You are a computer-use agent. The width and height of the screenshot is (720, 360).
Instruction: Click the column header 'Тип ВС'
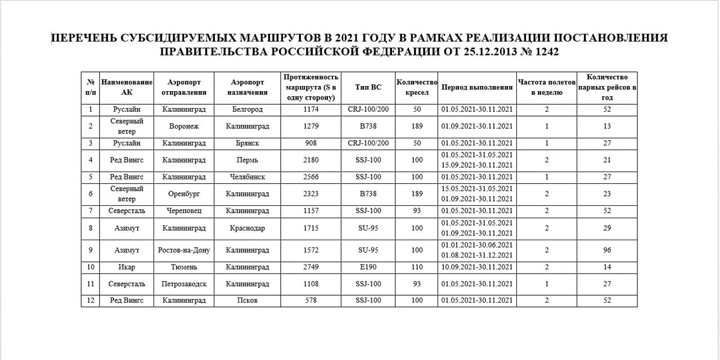point(368,87)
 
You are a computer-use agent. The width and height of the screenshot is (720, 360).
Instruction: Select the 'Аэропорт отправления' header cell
point(184,87)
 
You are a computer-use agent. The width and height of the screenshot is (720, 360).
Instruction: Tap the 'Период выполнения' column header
point(477,87)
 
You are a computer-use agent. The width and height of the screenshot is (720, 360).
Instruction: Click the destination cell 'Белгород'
point(247,109)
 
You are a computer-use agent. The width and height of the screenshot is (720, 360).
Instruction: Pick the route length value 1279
point(310,126)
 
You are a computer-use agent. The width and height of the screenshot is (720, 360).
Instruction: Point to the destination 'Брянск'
point(247,143)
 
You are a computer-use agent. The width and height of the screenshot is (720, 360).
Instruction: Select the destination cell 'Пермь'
point(247,160)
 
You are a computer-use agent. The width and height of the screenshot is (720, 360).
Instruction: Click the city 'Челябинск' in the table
point(247,177)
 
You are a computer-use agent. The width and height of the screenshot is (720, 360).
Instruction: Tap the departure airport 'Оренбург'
point(184,193)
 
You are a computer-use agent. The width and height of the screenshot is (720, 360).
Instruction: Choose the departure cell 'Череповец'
point(184,210)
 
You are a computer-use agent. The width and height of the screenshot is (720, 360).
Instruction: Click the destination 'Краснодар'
point(247,228)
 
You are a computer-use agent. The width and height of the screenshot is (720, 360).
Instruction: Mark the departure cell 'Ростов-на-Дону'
point(184,250)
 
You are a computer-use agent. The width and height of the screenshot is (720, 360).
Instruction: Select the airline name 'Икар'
point(127,267)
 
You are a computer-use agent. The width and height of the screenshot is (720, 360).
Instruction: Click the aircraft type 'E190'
point(368,267)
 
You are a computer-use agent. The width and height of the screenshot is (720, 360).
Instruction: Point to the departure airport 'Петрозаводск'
point(184,283)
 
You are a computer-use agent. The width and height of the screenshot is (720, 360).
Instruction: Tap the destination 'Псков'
point(247,300)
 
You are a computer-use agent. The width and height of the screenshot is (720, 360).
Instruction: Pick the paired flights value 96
point(607,250)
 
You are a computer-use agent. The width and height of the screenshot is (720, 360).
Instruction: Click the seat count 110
point(417,267)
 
